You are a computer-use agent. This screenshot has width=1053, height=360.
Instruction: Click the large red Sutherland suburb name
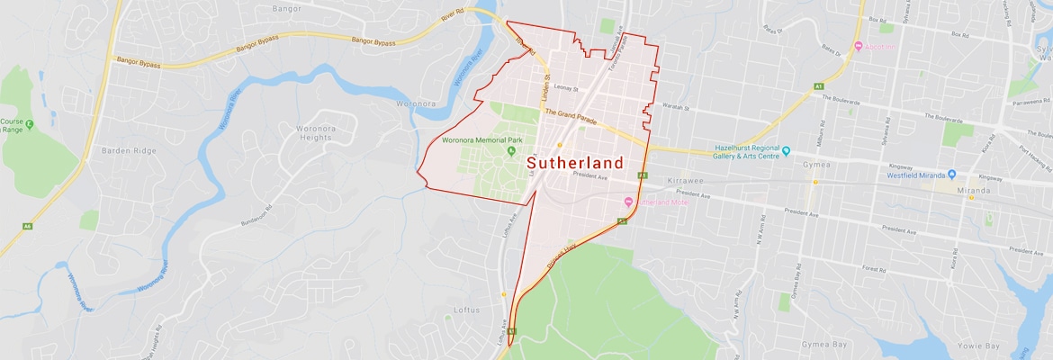tap(574, 163)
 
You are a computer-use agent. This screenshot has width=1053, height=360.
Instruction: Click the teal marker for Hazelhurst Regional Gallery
tap(786, 150)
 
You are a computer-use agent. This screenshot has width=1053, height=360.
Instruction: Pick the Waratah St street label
tap(674, 107)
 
